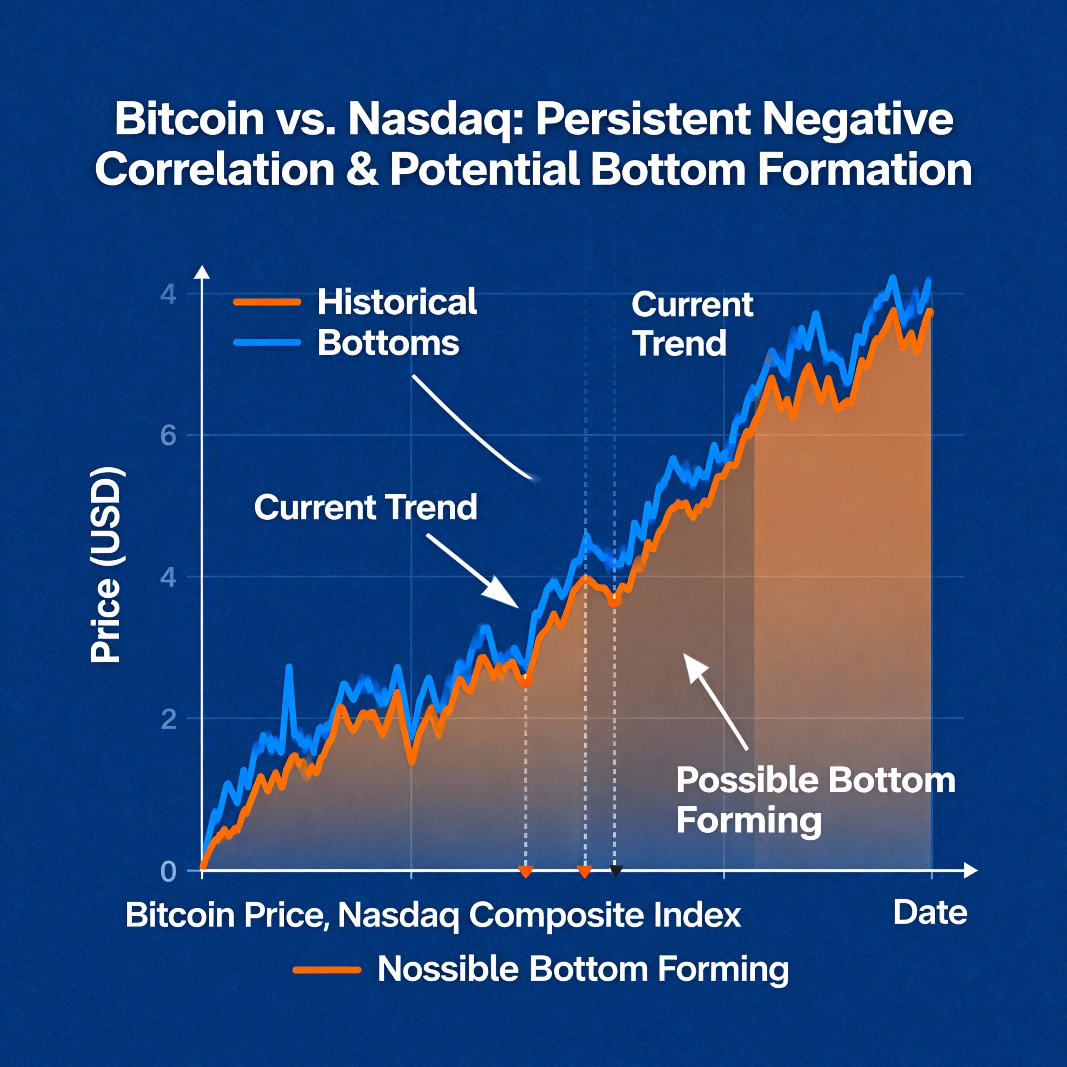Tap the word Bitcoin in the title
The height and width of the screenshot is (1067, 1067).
tap(189, 119)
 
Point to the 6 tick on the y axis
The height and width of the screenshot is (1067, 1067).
tap(168, 436)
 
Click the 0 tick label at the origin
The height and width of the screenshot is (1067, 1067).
tap(168, 871)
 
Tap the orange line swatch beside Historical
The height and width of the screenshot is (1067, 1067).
tap(267, 302)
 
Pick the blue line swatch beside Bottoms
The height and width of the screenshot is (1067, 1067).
tap(267, 343)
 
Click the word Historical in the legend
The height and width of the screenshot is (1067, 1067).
tap(396, 302)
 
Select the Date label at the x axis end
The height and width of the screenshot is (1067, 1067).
tap(930, 912)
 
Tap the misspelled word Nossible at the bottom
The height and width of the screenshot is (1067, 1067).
tap(447, 969)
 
